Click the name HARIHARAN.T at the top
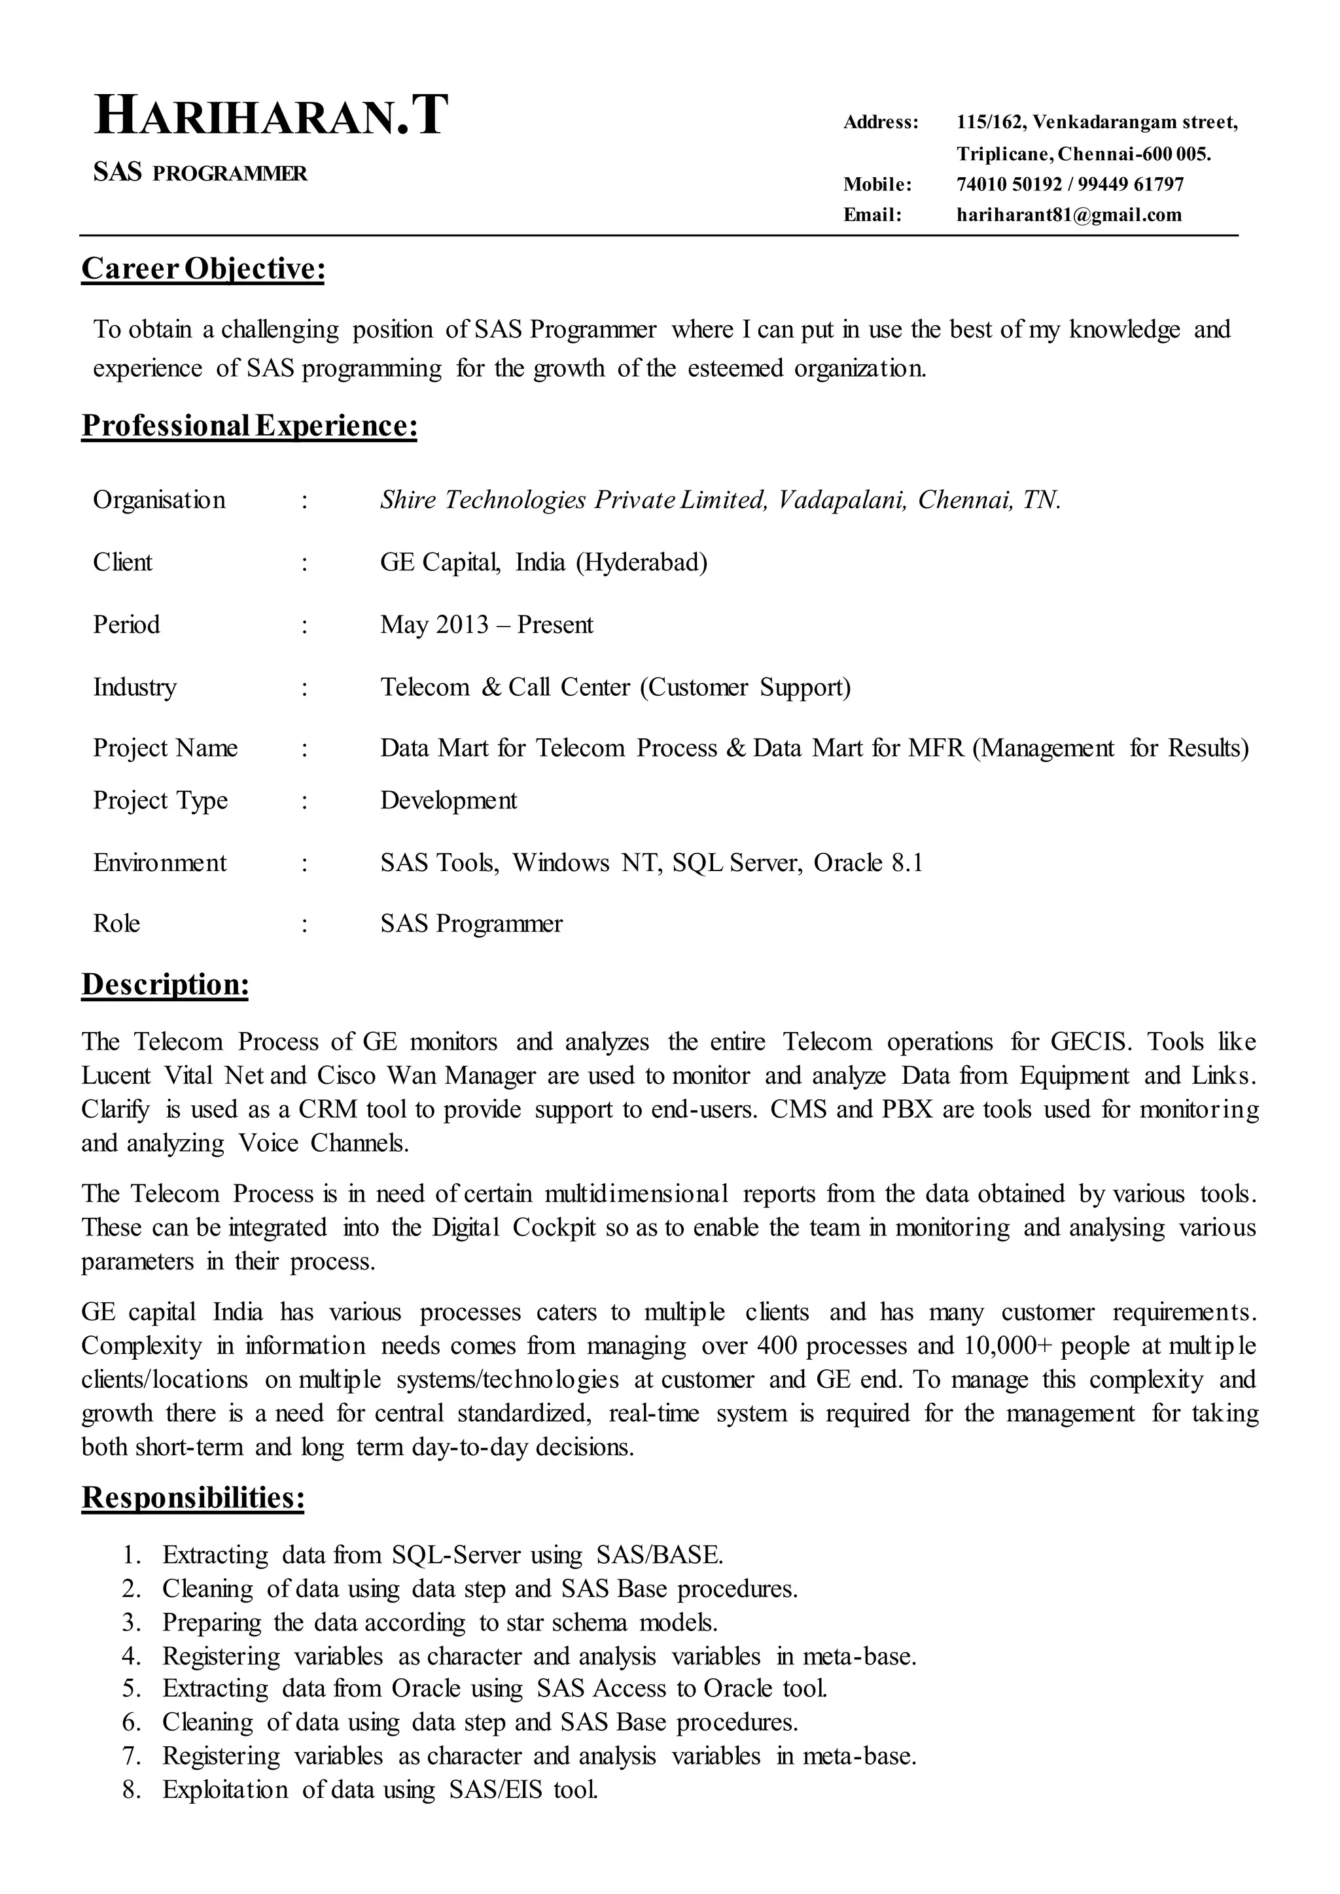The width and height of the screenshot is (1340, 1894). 272,116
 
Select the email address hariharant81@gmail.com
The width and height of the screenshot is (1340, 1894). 1068,215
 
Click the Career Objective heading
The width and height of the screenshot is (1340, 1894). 203,269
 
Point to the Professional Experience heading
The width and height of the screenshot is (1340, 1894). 249,426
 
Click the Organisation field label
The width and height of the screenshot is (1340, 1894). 159,500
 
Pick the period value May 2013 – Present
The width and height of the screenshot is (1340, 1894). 486,625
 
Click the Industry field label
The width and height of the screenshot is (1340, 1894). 135,687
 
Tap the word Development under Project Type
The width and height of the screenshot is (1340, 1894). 448,800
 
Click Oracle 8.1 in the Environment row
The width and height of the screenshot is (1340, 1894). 868,863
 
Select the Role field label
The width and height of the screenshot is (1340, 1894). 116,923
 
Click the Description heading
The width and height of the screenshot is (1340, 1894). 165,985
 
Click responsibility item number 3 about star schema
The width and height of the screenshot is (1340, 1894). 439,1623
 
